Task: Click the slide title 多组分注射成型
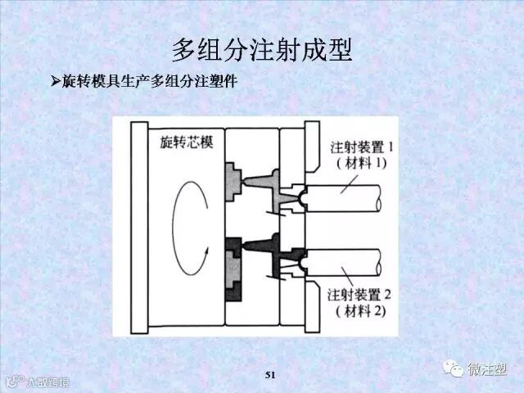coord(262,50)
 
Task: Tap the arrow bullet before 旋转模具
coord(56,82)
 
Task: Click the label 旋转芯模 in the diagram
coord(182,142)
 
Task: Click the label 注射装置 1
coord(359,147)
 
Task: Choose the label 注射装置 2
coord(361,293)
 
